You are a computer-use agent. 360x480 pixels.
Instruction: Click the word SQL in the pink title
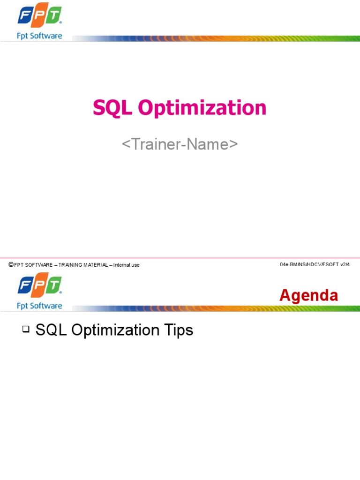click(x=112, y=108)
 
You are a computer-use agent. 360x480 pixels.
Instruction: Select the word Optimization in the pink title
click(x=202, y=108)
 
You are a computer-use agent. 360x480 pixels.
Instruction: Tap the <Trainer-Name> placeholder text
click(x=180, y=144)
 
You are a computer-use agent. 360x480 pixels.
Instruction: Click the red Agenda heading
click(x=308, y=295)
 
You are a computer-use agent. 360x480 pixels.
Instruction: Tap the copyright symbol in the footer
click(x=11, y=265)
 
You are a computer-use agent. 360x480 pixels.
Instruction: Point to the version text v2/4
click(x=345, y=265)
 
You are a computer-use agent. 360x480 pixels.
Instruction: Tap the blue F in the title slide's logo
click(x=25, y=16)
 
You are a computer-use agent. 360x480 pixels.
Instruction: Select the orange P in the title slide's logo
click(x=39, y=16)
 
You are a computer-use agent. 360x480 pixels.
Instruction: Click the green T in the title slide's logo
click(x=54, y=16)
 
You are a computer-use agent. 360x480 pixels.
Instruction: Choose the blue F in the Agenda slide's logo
click(x=25, y=286)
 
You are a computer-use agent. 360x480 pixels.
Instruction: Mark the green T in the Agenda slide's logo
click(x=54, y=286)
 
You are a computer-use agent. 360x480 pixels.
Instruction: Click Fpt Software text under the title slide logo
click(x=39, y=36)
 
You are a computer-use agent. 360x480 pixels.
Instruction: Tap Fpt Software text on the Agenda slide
click(x=39, y=306)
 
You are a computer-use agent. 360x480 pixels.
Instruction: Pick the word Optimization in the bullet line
click(x=113, y=330)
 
